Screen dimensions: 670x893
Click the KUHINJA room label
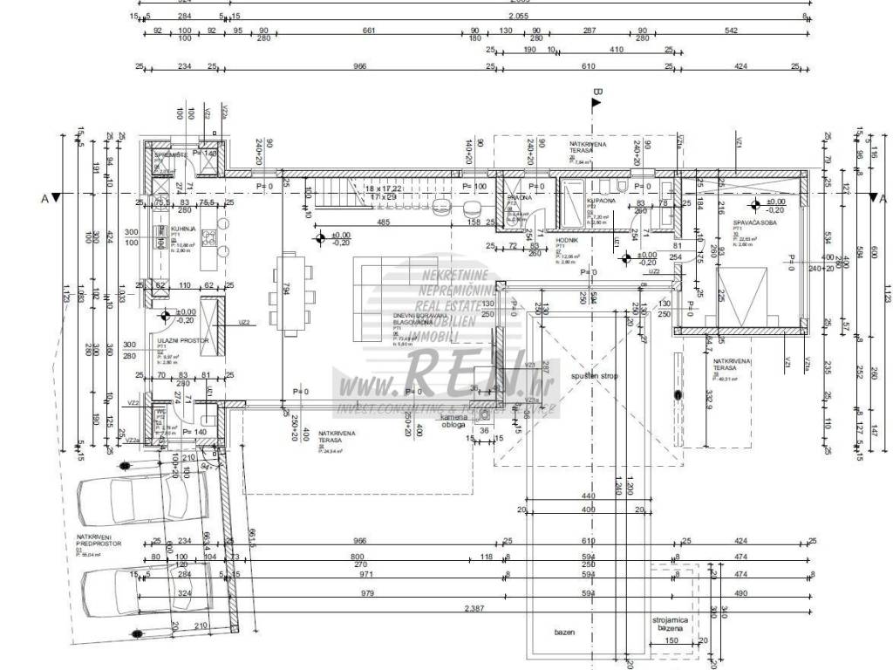(x=170, y=229)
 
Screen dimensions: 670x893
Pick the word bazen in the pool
(x=563, y=632)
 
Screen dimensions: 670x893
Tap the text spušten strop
(x=595, y=376)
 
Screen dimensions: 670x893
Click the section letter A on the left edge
(x=44, y=198)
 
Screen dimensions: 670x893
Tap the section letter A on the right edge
(x=882, y=198)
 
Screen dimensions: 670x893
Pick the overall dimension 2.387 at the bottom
(x=473, y=608)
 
